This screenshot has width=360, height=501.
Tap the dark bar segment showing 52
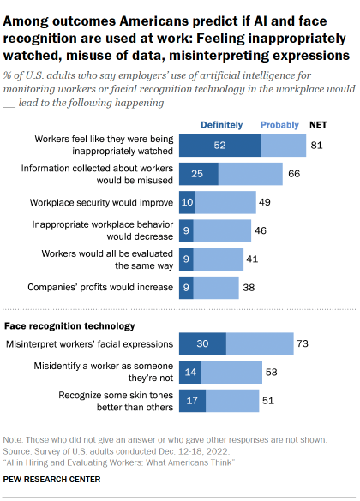(221, 146)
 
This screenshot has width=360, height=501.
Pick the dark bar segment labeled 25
(198, 174)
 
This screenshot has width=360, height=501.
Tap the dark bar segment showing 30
(201, 344)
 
